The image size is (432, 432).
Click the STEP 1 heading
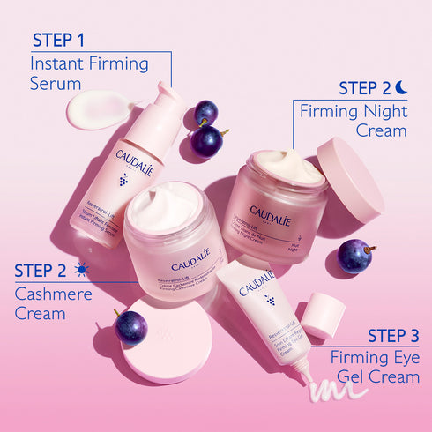[58, 40]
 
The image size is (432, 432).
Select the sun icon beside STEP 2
[82, 270]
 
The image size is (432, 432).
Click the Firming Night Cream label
[354, 122]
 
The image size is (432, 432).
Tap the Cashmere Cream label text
[53, 303]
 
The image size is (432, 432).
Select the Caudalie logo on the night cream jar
[269, 212]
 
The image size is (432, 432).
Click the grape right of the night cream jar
[354, 257]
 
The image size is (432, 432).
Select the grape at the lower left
[130, 326]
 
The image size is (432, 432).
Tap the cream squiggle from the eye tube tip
[334, 386]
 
